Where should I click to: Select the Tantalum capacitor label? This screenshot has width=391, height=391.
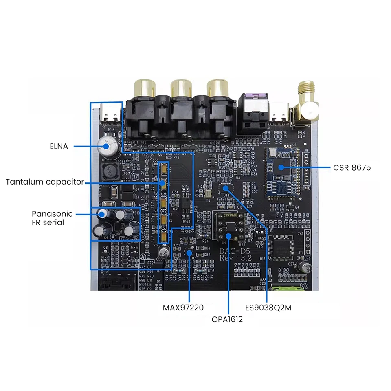coord(44,182)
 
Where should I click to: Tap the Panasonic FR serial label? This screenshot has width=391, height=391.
coord(52,218)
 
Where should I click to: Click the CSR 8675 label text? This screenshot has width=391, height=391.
coord(351,167)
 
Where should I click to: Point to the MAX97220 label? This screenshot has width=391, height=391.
coord(183,308)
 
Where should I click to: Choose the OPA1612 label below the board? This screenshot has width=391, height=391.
coord(227,319)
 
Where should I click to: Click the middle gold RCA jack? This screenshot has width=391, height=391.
coord(181,88)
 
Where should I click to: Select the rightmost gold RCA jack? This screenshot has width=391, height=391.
coord(217,88)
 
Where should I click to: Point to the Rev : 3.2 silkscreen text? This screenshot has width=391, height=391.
coord(235,258)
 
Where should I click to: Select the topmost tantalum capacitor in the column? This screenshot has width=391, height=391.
coord(164,168)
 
